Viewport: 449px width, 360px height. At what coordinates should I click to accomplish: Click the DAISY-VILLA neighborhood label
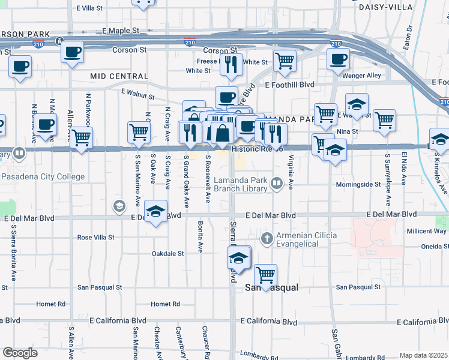386,7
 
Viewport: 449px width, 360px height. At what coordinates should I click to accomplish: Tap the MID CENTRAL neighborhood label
119,76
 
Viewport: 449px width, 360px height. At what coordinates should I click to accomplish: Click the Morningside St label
358,185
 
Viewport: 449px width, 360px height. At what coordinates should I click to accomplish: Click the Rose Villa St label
95,238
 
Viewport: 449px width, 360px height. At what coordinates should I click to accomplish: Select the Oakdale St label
167,254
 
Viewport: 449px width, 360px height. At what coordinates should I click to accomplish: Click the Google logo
20,353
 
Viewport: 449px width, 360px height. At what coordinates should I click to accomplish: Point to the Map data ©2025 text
423,356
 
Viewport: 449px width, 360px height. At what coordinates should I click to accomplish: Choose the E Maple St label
121,30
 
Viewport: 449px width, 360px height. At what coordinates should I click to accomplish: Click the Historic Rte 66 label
257,149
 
